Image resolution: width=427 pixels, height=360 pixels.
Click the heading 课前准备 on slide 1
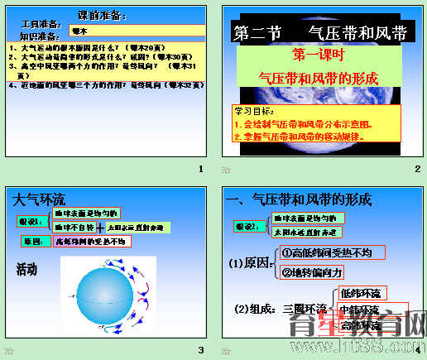(x=102, y=16)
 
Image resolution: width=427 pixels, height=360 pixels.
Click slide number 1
(x=199, y=170)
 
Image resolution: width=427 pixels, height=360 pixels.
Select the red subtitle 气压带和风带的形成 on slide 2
(x=319, y=78)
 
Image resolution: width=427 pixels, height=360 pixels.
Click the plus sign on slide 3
(x=100, y=226)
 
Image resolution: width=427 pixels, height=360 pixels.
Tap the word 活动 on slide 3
(x=27, y=269)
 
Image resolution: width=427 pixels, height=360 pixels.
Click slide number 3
(x=199, y=350)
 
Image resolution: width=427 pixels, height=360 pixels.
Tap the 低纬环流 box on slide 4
(x=361, y=294)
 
